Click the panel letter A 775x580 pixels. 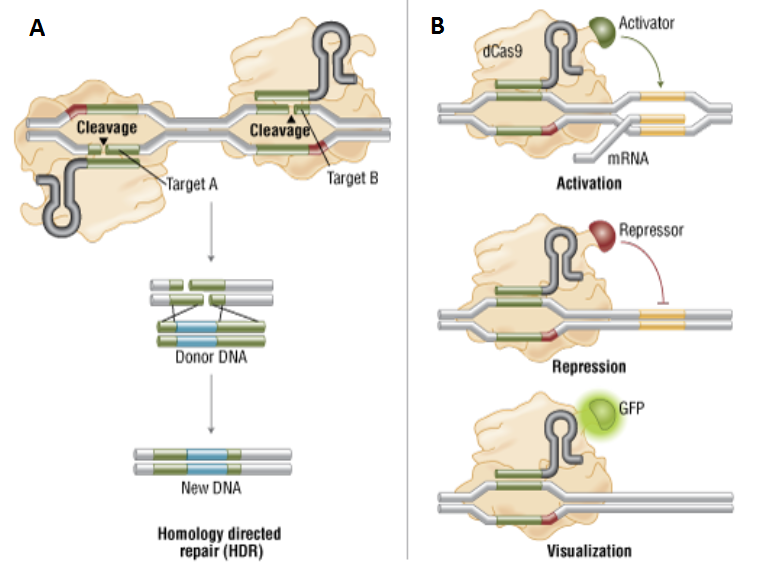[37, 28]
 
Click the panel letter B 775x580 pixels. [437, 27]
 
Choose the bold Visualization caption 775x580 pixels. [589, 551]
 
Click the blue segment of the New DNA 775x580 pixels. [207, 460]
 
